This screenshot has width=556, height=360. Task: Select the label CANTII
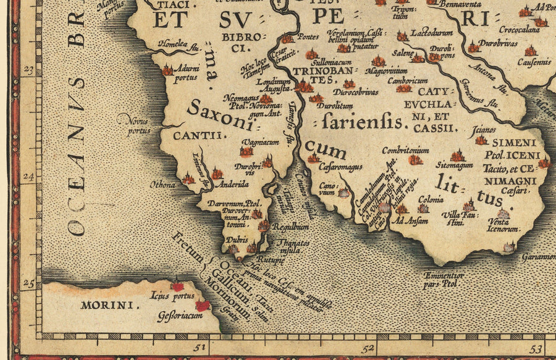191,135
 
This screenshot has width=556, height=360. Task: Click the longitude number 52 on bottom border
369,350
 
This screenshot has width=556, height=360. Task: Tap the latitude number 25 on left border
28,284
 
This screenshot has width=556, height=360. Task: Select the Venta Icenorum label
502,225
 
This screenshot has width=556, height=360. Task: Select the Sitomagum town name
455,165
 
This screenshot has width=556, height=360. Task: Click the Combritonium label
405,150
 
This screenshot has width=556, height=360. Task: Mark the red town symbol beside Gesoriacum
202,305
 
